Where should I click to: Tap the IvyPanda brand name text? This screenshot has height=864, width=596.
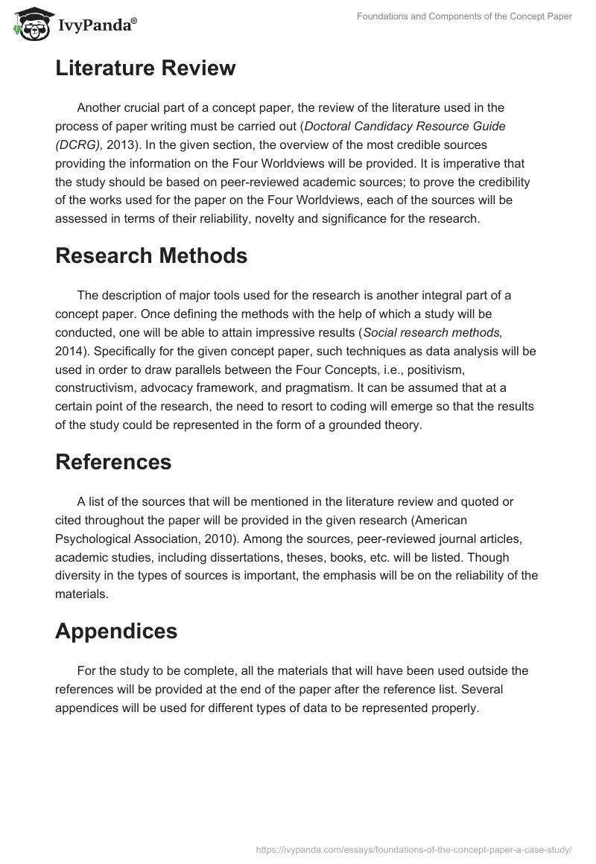96,25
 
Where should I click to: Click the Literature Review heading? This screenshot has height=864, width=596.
145,69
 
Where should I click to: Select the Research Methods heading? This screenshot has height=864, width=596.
151,255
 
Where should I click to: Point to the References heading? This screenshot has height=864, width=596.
113,462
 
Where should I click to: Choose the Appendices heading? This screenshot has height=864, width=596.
116,631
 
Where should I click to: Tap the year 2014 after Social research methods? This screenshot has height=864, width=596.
69,350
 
